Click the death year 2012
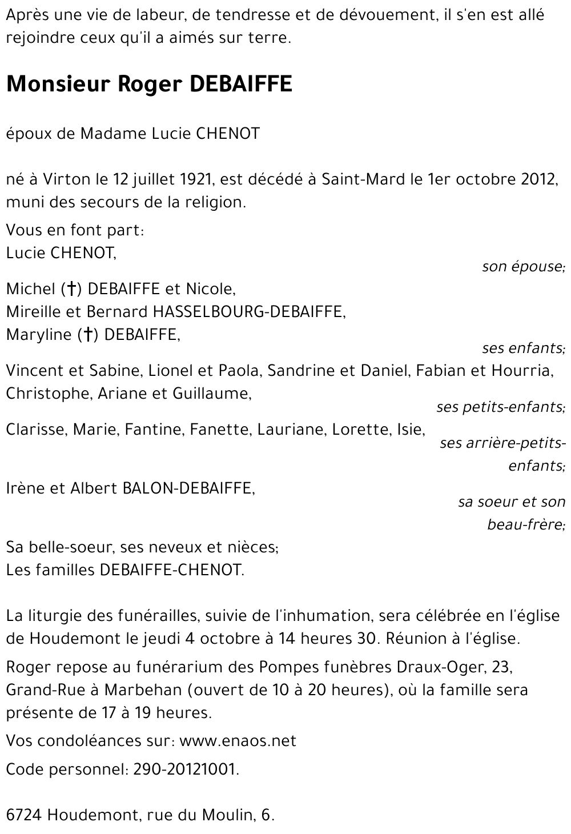pyautogui.click(x=538, y=179)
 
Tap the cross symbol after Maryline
pyautogui.click(x=88, y=335)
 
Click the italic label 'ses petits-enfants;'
pyautogui.click(x=501, y=407)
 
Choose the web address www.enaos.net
pyautogui.click(x=238, y=741)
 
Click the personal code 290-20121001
pyautogui.click(x=184, y=769)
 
